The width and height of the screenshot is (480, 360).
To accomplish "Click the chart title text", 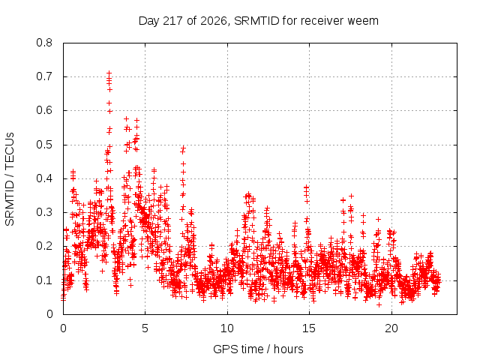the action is pos(259,21).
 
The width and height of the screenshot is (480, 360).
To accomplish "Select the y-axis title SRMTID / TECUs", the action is pos(10,179).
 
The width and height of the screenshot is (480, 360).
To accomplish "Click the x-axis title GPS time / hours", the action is pos(258,349).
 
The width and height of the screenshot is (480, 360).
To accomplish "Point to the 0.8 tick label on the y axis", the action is pos(44,43).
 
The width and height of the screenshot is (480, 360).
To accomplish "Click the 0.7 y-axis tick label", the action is pos(44,76).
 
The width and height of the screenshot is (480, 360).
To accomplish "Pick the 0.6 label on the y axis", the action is pos(44,110).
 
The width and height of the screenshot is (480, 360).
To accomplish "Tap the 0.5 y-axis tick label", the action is pos(44,145).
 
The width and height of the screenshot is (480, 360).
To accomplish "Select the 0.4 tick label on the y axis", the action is pos(44,178).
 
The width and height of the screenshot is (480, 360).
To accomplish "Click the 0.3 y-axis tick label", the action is pos(44,212).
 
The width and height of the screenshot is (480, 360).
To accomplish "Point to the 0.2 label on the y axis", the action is pos(44,246).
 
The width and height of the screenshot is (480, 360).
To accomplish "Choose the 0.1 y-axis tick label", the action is pos(44,280).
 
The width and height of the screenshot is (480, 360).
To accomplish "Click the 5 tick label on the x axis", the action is pos(145,328).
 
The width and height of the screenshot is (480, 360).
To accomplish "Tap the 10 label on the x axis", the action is pos(227,328).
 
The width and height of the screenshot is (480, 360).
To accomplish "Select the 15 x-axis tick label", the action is pos(309,328).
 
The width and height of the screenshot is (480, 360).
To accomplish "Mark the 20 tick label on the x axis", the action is pos(391,328).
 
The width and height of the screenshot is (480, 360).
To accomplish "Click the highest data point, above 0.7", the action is pos(109,73).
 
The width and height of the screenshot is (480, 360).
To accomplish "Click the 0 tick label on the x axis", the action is pos(63,328).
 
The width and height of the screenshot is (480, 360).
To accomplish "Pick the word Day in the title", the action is pos(148,21).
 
